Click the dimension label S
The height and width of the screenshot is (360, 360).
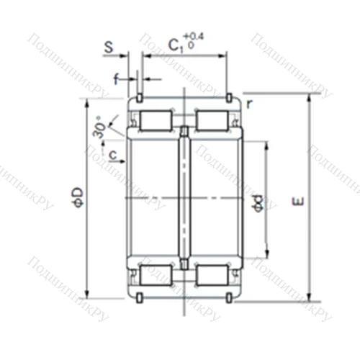(x=108, y=48)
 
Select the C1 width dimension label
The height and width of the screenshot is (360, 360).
(x=175, y=45)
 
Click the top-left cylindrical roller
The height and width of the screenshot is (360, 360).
(x=154, y=120)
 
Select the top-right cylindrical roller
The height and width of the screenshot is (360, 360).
(x=213, y=120)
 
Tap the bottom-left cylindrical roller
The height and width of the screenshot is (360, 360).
(x=154, y=274)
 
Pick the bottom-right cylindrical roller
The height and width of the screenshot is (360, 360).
(x=213, y=274)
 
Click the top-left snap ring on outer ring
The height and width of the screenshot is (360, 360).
(x=138, y=97)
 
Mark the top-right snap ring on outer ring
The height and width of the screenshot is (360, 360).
(x=230, y=97)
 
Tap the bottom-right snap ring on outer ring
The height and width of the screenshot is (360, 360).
(x=230, y=297)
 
